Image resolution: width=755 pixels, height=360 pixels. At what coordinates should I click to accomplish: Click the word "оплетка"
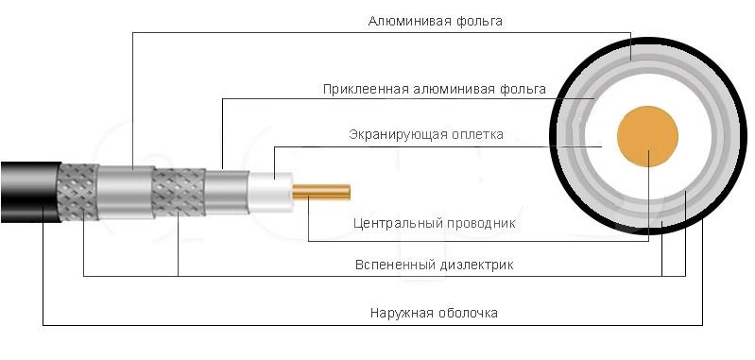(474, 134)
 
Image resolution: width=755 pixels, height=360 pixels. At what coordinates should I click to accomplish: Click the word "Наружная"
(400, 312)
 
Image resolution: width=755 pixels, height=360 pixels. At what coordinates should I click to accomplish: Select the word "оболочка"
(466, 312)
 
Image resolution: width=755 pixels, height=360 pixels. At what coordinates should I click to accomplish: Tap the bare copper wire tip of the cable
(321, 192)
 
